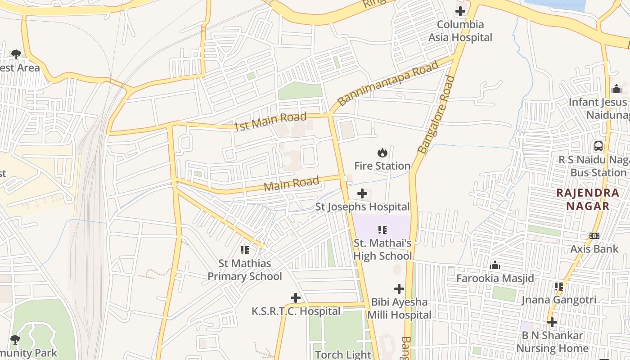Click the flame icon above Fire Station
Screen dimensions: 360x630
point(382,153)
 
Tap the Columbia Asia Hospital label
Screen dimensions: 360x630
point(460,31)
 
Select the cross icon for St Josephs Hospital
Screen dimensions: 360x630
point(362,194)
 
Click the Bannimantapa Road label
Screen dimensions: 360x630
point(388,84)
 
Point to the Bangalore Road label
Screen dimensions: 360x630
point(436,115)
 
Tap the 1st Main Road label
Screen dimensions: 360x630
point(270,121)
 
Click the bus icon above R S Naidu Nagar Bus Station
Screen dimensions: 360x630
point(598,146)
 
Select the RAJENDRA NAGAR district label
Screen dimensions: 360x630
point(588,199)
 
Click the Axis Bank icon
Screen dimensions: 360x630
point(594,236)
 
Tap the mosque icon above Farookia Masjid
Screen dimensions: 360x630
point(495,265)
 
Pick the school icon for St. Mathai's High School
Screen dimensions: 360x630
point(382,230)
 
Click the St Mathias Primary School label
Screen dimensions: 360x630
point(245,270)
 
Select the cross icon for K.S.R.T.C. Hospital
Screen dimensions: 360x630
point(296,298)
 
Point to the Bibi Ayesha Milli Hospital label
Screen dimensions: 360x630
point(399,308)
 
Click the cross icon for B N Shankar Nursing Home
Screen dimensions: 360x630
point(552,322)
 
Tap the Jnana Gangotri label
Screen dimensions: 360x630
point(559,300)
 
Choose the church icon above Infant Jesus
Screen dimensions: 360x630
point(616,89)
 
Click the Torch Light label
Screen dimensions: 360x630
point(343,355)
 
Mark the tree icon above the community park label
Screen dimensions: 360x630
point(15,339)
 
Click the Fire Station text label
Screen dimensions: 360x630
point(382,166)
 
